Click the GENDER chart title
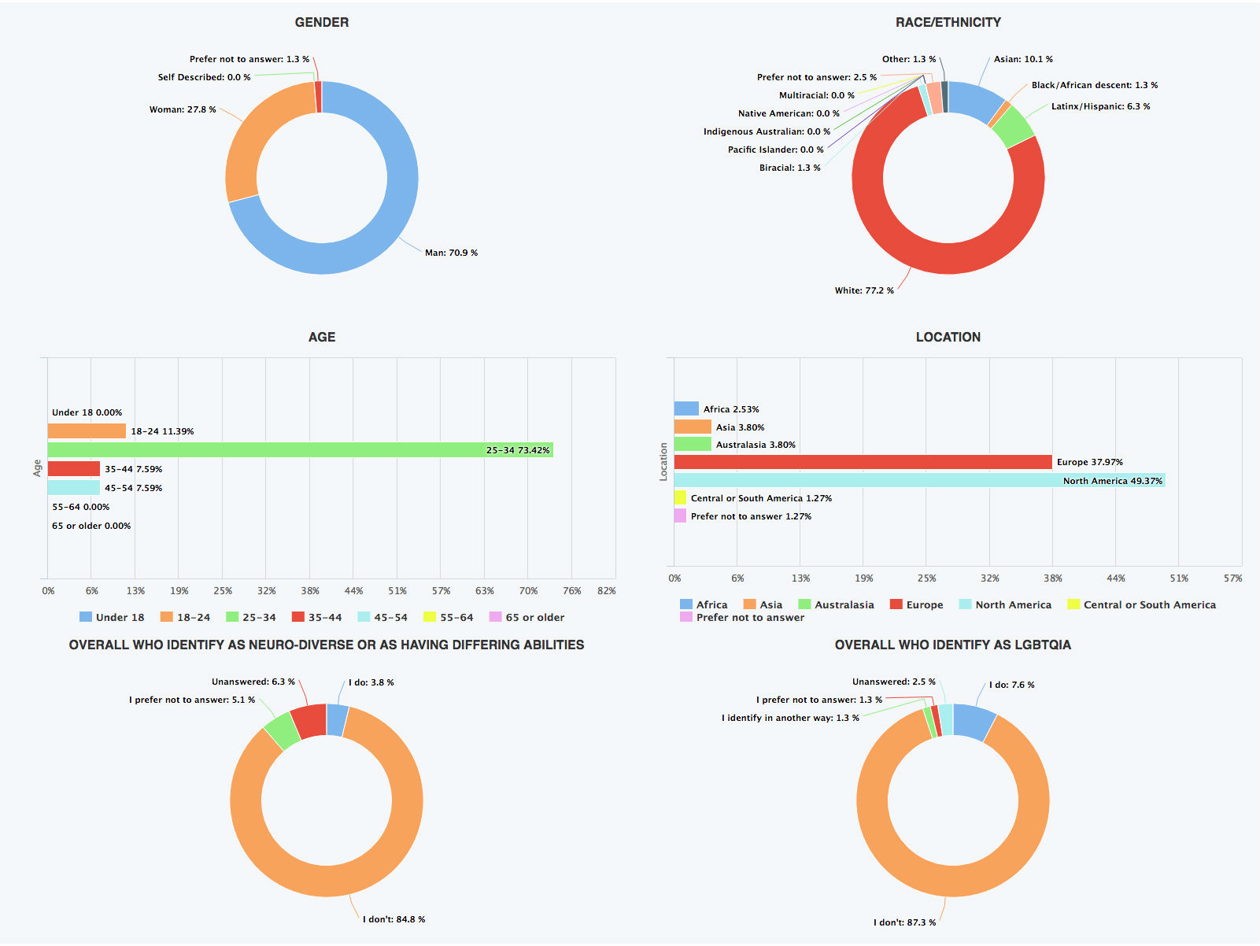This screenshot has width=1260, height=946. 321,22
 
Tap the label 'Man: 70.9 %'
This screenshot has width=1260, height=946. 451,253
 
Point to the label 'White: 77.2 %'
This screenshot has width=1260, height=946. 864,290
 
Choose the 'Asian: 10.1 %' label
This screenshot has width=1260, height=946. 1023,59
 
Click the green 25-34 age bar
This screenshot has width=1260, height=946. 299,450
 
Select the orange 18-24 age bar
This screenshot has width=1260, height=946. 87,431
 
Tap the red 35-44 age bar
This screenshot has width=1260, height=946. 74,469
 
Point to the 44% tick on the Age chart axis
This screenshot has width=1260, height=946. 353,591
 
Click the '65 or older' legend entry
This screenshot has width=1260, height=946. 527,618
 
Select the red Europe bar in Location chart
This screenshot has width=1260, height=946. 863,462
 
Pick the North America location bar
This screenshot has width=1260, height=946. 919,481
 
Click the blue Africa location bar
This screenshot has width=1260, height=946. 686,408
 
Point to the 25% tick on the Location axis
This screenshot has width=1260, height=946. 926,578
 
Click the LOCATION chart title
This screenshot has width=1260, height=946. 948,337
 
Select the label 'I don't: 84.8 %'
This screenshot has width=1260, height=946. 394,919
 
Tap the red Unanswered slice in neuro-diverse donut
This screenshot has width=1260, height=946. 309,721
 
